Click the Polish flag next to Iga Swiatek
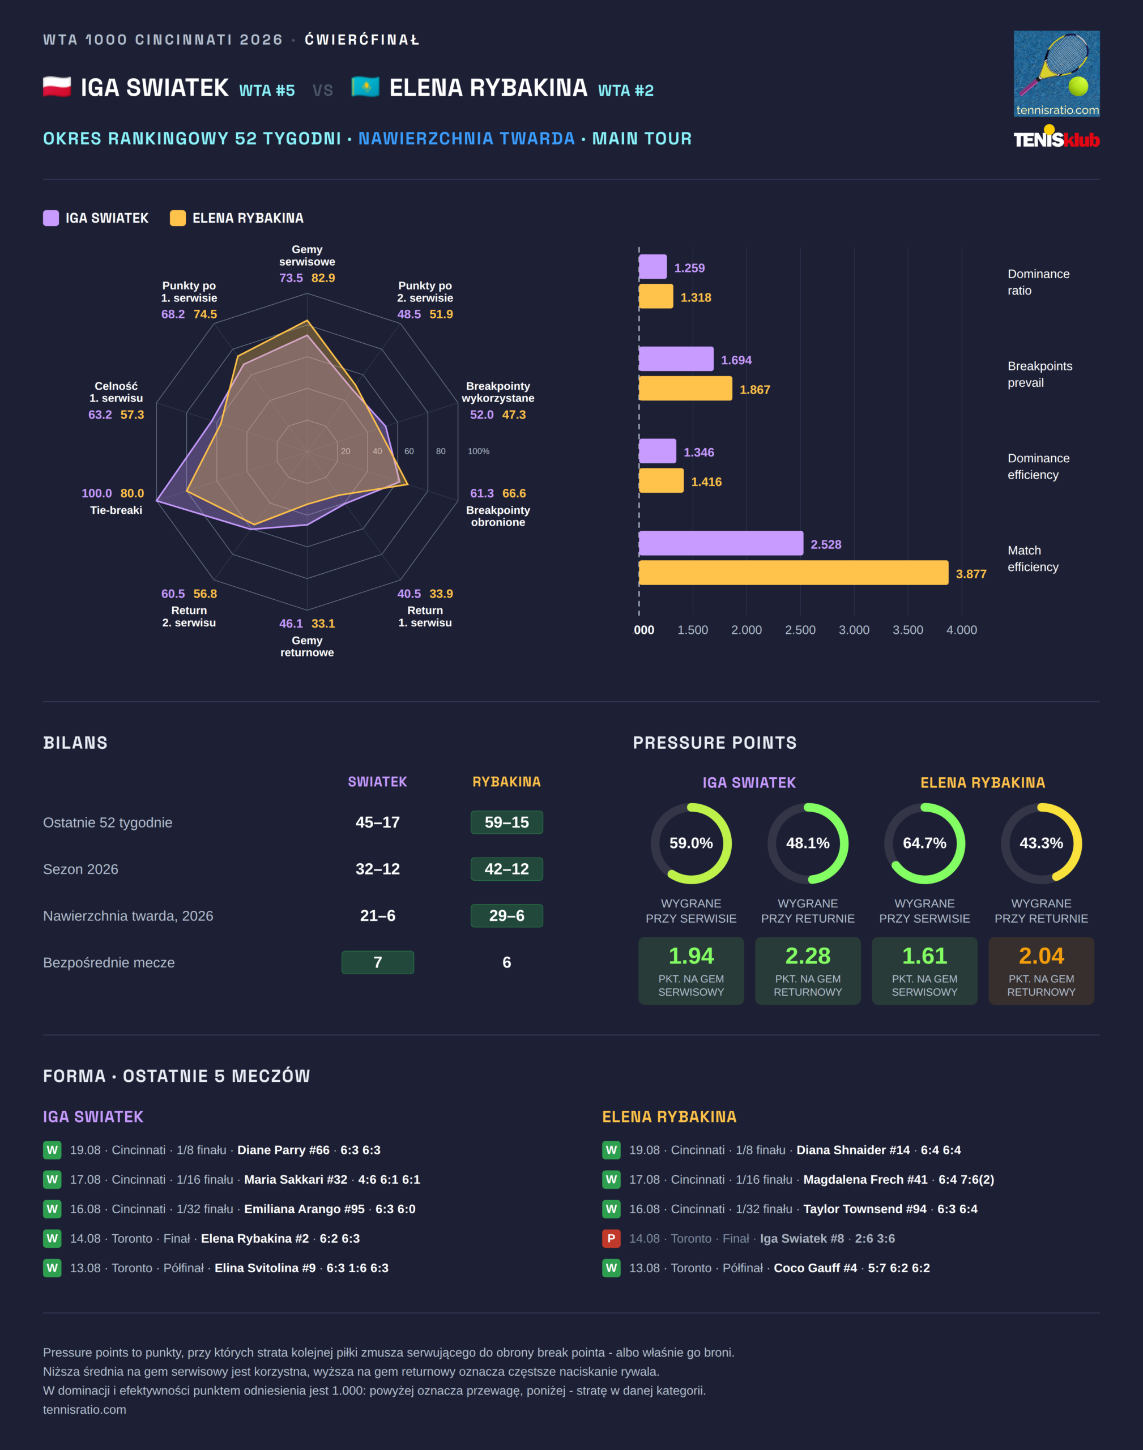(x=57, y=87)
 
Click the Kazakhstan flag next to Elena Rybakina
(x=365, y=87)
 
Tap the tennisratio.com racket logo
(x=1057, y=74)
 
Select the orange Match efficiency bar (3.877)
(x=794, y=573)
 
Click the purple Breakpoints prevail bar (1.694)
(x=676, y=359)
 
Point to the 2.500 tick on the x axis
(x=800, y=630)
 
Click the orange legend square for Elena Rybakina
(x=177, y=218)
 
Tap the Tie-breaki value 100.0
(x=97, y=493)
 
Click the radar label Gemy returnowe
(x=307, y=646)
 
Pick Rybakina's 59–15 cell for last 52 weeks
(x=506, y=822)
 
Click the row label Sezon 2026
(x=80, y=869)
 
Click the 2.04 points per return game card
(x=1041, y=970)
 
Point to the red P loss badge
(x=611, y=1239)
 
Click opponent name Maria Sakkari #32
(x=296, y=1180)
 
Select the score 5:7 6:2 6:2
(x=899, y=1268)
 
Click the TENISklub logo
(x=1057, y=138)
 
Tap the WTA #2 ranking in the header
(x=626, y=90)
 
